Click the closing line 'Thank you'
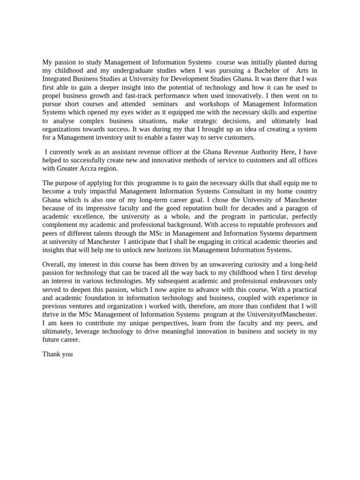[58, 354]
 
